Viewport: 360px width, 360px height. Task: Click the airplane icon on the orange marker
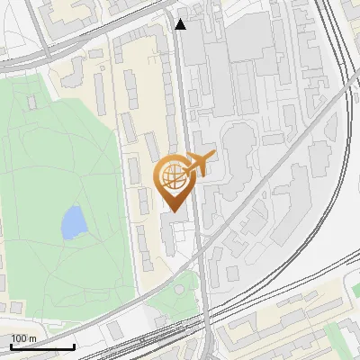(x=197, y=165)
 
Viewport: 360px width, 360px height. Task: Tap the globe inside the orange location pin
(x=172, y=177)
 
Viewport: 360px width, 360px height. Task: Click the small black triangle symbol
(x=182, y=25)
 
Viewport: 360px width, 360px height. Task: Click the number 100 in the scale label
(x=20, y=339)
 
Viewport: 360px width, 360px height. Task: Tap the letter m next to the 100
(x=32, y=339)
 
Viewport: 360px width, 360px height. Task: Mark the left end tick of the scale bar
(x=10, y=346)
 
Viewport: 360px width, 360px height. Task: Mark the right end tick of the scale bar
(x=74, y=346)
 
